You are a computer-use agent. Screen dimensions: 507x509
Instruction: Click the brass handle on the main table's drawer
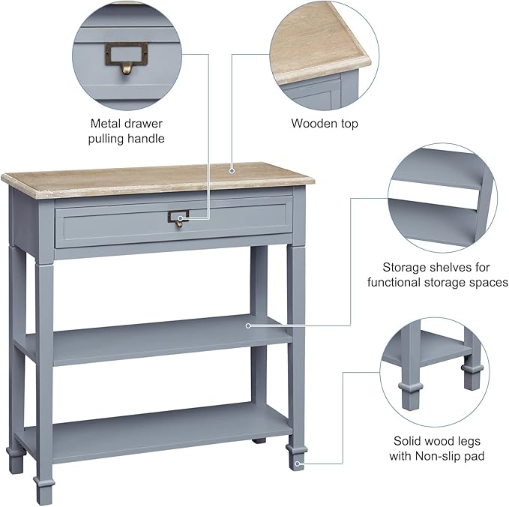178,218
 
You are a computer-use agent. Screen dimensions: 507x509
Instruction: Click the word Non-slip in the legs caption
430,456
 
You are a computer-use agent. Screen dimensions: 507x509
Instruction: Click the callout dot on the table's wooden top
232,170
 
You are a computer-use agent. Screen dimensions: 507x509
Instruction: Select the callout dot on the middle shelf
248,325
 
